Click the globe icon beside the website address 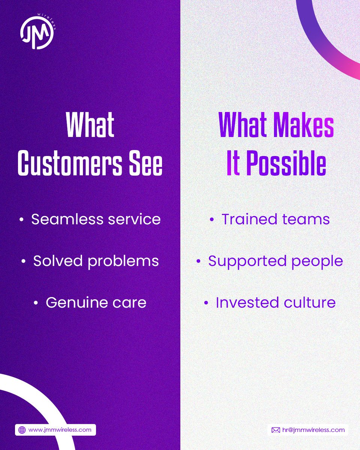(22, 430)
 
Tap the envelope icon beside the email (276, 430)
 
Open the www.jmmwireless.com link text (60, 430)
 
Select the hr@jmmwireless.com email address (313, 430)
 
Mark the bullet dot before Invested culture (206, 303)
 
